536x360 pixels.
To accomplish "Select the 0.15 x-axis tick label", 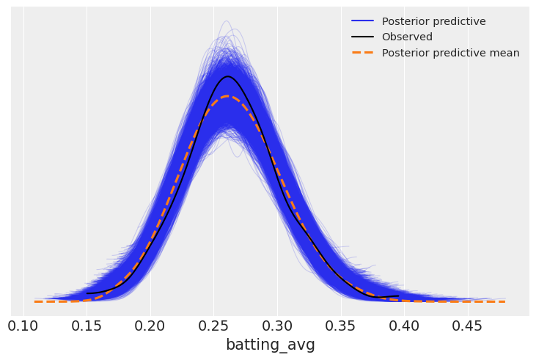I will [x=87, y=324].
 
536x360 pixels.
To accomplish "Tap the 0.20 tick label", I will [x=150, y=324].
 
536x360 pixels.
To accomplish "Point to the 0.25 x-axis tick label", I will [x=213, y=324].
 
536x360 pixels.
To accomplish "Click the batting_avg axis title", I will [x=270, y=345].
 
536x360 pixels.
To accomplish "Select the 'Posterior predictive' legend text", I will [x=433, y=21].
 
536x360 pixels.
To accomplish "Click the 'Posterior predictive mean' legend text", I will [x=450, y=53].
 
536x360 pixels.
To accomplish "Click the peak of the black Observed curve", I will [x=228, y=76].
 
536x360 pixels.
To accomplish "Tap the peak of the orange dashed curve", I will [x=227, y=96].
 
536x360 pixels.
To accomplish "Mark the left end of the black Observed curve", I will [x=87, y=293].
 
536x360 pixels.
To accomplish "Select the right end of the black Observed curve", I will [x=398, y=296].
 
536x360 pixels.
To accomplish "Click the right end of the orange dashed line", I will [x=504, y=301].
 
